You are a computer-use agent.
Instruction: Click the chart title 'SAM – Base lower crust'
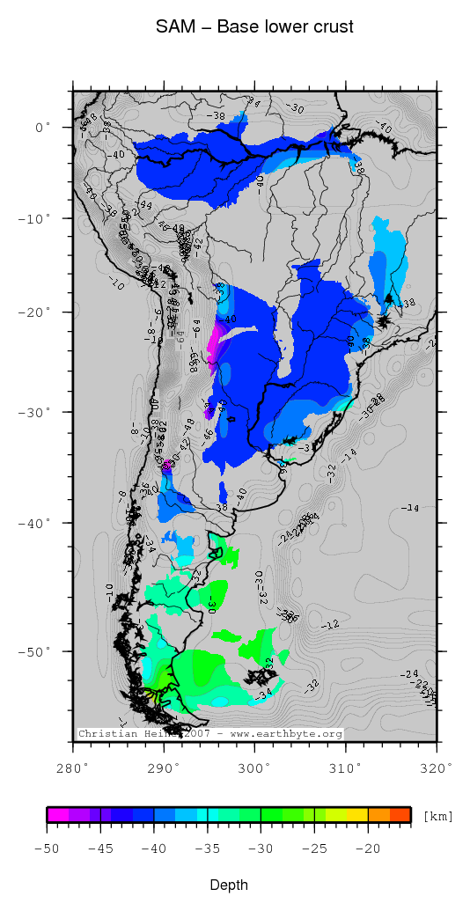pyautogui.click(x=254, y=27)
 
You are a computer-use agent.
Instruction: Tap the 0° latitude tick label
pyautogui.click(x=44, y=128)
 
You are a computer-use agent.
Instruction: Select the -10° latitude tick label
pyautogui.click(x=38, y=218)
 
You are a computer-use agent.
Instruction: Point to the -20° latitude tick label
pyautogui.click(x=38, y=312)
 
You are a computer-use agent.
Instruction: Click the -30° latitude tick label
pyautogui.click(x=38, y=412)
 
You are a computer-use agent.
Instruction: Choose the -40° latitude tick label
pyautogui.click(x=38, y=523)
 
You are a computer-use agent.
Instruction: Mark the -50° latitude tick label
pyautogui.click(x=38, y=651)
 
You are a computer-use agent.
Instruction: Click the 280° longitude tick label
pyautogui.click(x=73, y=768)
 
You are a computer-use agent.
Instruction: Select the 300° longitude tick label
pyautogui.click(x=255, y=768)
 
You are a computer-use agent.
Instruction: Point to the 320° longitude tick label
pyautogui.click(x=437, y=768)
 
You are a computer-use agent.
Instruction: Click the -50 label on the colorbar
pyautogui.click(x=47, y=849)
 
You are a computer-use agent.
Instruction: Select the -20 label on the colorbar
pyautogui.click(x=368, y=849)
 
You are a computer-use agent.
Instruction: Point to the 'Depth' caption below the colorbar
pyautogui.click(x=228, y=885)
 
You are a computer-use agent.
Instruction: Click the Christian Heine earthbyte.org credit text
pyautogui.click(x=209, y=733)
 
